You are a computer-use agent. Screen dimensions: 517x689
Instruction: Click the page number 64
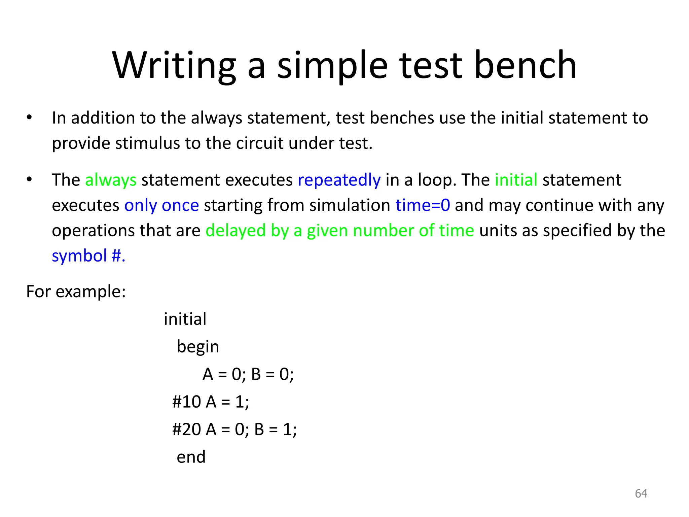pos(641,493)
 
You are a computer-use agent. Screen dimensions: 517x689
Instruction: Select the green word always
pos(111,180)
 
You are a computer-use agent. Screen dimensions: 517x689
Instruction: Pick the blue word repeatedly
pos(339,180)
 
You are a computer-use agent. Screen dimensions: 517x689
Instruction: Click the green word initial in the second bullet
pos(516,180)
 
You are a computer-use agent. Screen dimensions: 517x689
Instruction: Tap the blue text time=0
pos(423,205)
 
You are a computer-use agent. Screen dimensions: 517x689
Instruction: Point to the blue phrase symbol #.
pos(88,256)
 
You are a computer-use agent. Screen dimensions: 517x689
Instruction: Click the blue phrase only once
pos(161,205)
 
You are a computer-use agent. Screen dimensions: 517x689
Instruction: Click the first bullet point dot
pos(29,117)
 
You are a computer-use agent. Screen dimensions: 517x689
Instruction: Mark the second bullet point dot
pos(29,179)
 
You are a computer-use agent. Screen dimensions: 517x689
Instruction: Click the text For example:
pos(76,291)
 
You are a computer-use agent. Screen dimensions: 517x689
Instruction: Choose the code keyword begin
pos(198,347)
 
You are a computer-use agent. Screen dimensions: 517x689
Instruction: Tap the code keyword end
pos(191,457)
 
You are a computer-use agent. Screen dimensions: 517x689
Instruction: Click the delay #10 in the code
pos(186,402)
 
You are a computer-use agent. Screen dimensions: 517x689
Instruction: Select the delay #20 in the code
pos(186,429)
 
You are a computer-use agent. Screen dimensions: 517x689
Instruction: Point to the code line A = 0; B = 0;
pos(248,374)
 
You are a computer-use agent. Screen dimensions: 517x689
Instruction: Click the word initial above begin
pos(185,319)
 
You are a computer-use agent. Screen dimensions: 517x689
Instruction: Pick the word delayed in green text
pos(235,231)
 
